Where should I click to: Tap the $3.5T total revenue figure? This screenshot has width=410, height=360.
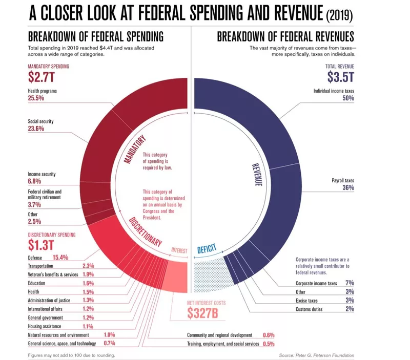click(x=341, y=77)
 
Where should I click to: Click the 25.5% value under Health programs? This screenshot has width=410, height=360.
click(x=35, y=98)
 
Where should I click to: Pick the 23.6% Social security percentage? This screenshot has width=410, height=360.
click(x=35, y=129)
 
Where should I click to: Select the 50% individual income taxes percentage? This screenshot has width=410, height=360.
click(x=348, y=98)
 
